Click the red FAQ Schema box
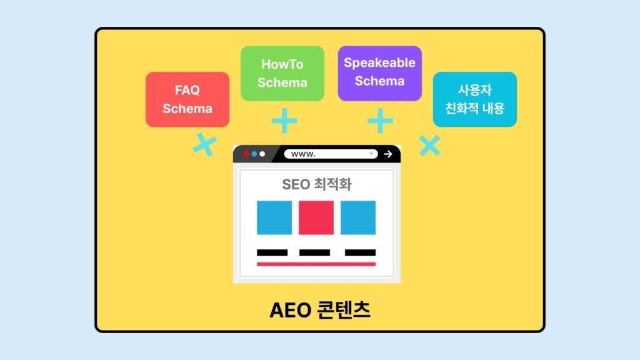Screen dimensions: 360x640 (x=187, y=99)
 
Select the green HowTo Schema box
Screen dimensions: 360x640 (x=282, y=73)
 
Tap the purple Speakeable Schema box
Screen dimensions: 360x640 (x=379, y=72)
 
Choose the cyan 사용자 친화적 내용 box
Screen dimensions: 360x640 (x=475, y=99)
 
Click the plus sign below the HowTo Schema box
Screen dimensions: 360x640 (x=284, y=121)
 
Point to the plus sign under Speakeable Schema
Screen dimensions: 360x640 (x=380, y=121)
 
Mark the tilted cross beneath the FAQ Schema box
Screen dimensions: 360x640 (x=204, y=145)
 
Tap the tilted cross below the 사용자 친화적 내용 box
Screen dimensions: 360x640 (x=429, y=146)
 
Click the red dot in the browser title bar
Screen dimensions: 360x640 (x=246, y=154)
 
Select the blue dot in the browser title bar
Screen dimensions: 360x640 (x=254, y=154)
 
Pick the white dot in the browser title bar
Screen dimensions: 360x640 (x=262, y=154)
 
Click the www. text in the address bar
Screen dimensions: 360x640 (x=303, y=154)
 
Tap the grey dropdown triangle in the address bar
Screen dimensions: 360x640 (x=371, y=154)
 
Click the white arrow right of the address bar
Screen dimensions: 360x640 (x=388, y=154)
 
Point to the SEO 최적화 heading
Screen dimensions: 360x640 (x=317, y=184)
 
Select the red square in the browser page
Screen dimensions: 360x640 (x=316, y=217)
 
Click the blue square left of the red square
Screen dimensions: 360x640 (x=274, y=217)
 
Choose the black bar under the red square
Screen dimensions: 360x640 (x=314, y=252)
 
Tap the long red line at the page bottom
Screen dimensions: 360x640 (x=316, y=264)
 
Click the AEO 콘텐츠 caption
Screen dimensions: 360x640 (x=320, y=310)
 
